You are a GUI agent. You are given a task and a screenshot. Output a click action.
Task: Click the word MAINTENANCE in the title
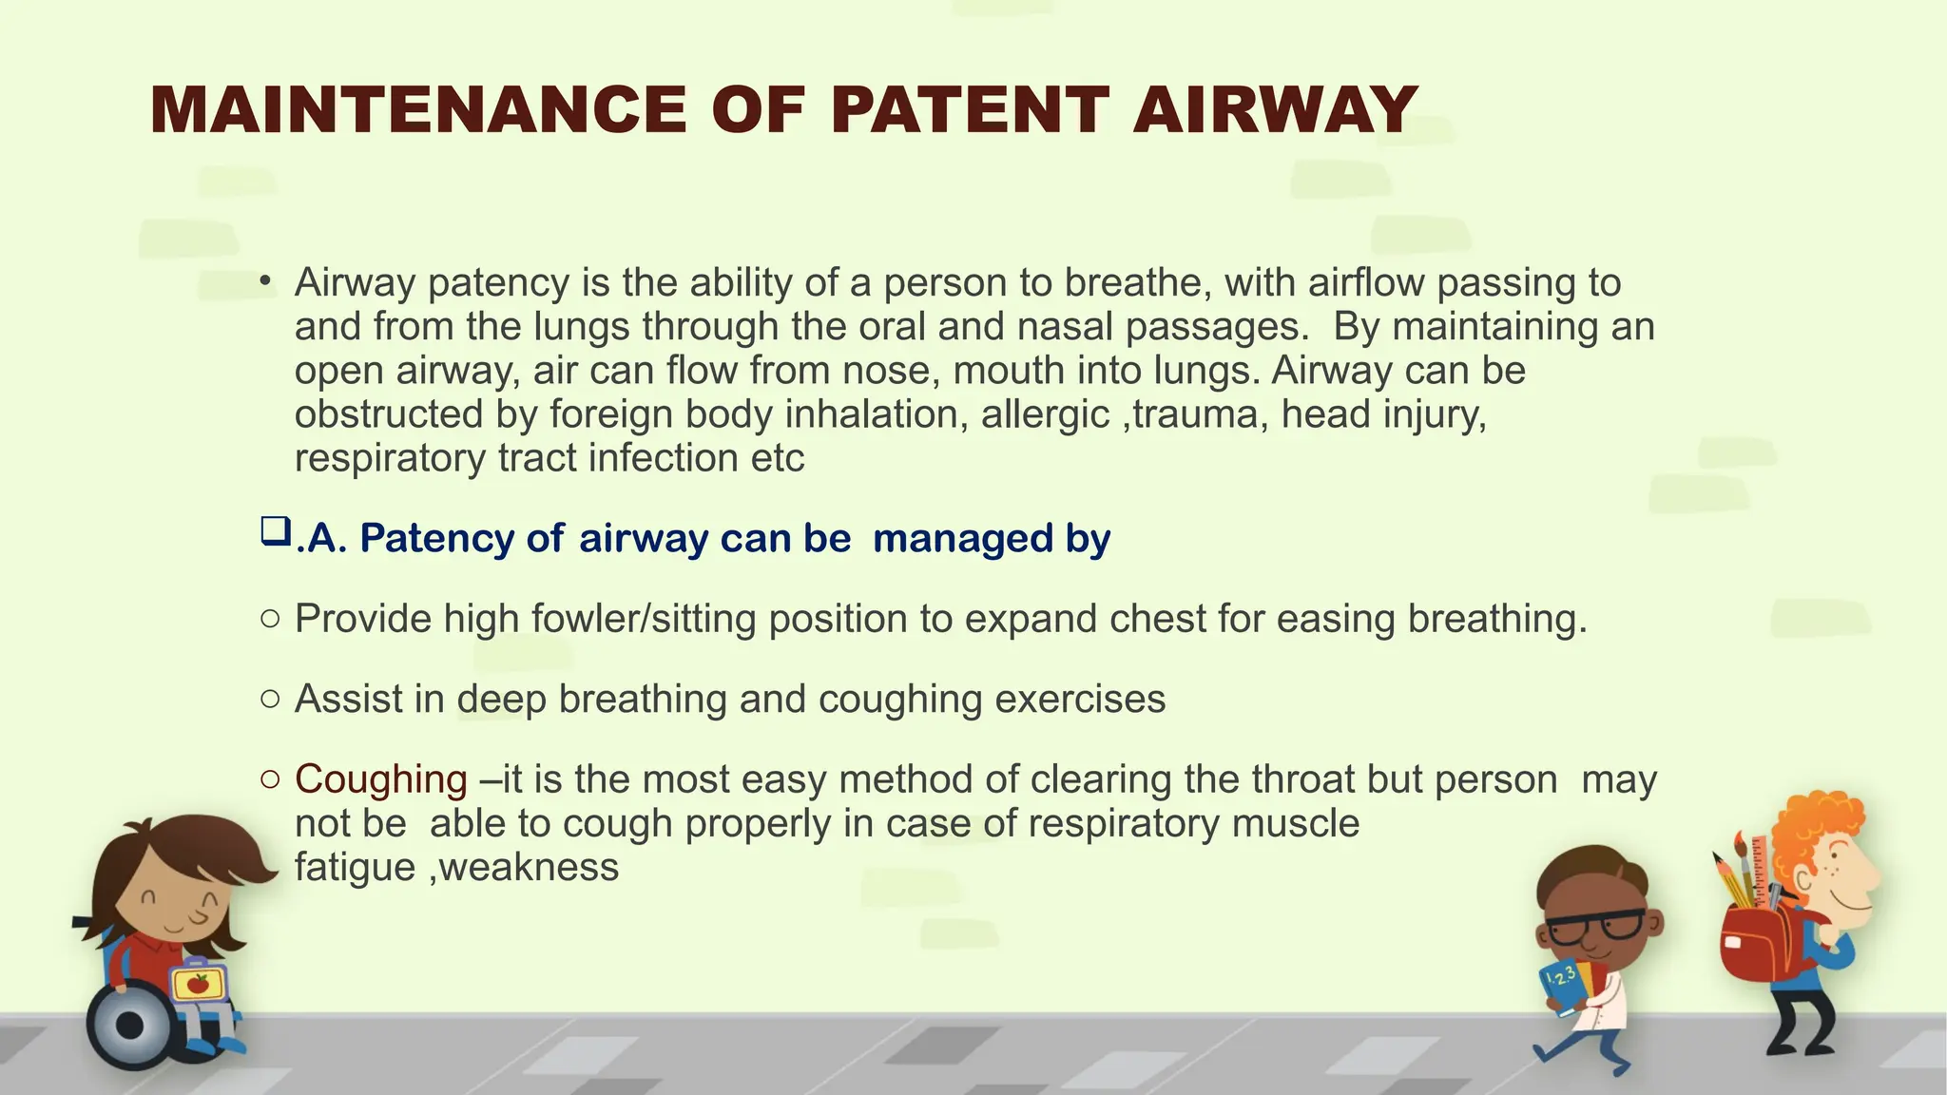pyautogui.click(x=418, y=110)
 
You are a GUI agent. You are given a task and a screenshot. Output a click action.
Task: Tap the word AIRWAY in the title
pyautogui.click(x=1276, y=110)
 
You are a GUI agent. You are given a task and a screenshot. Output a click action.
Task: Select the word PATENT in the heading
pyautogui.click(x=970, y=110)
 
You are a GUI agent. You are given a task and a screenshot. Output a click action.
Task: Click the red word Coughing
pyautogui.click(x=380, y=779)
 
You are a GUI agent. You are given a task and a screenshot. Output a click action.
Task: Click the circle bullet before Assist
pyautogui.click(x=270, y=700)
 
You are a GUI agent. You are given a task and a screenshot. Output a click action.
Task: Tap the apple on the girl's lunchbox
pyautogui.click(x=198, y=984)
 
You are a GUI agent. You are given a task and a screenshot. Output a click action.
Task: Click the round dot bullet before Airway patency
pyautogui.click(x=267, y=281)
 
